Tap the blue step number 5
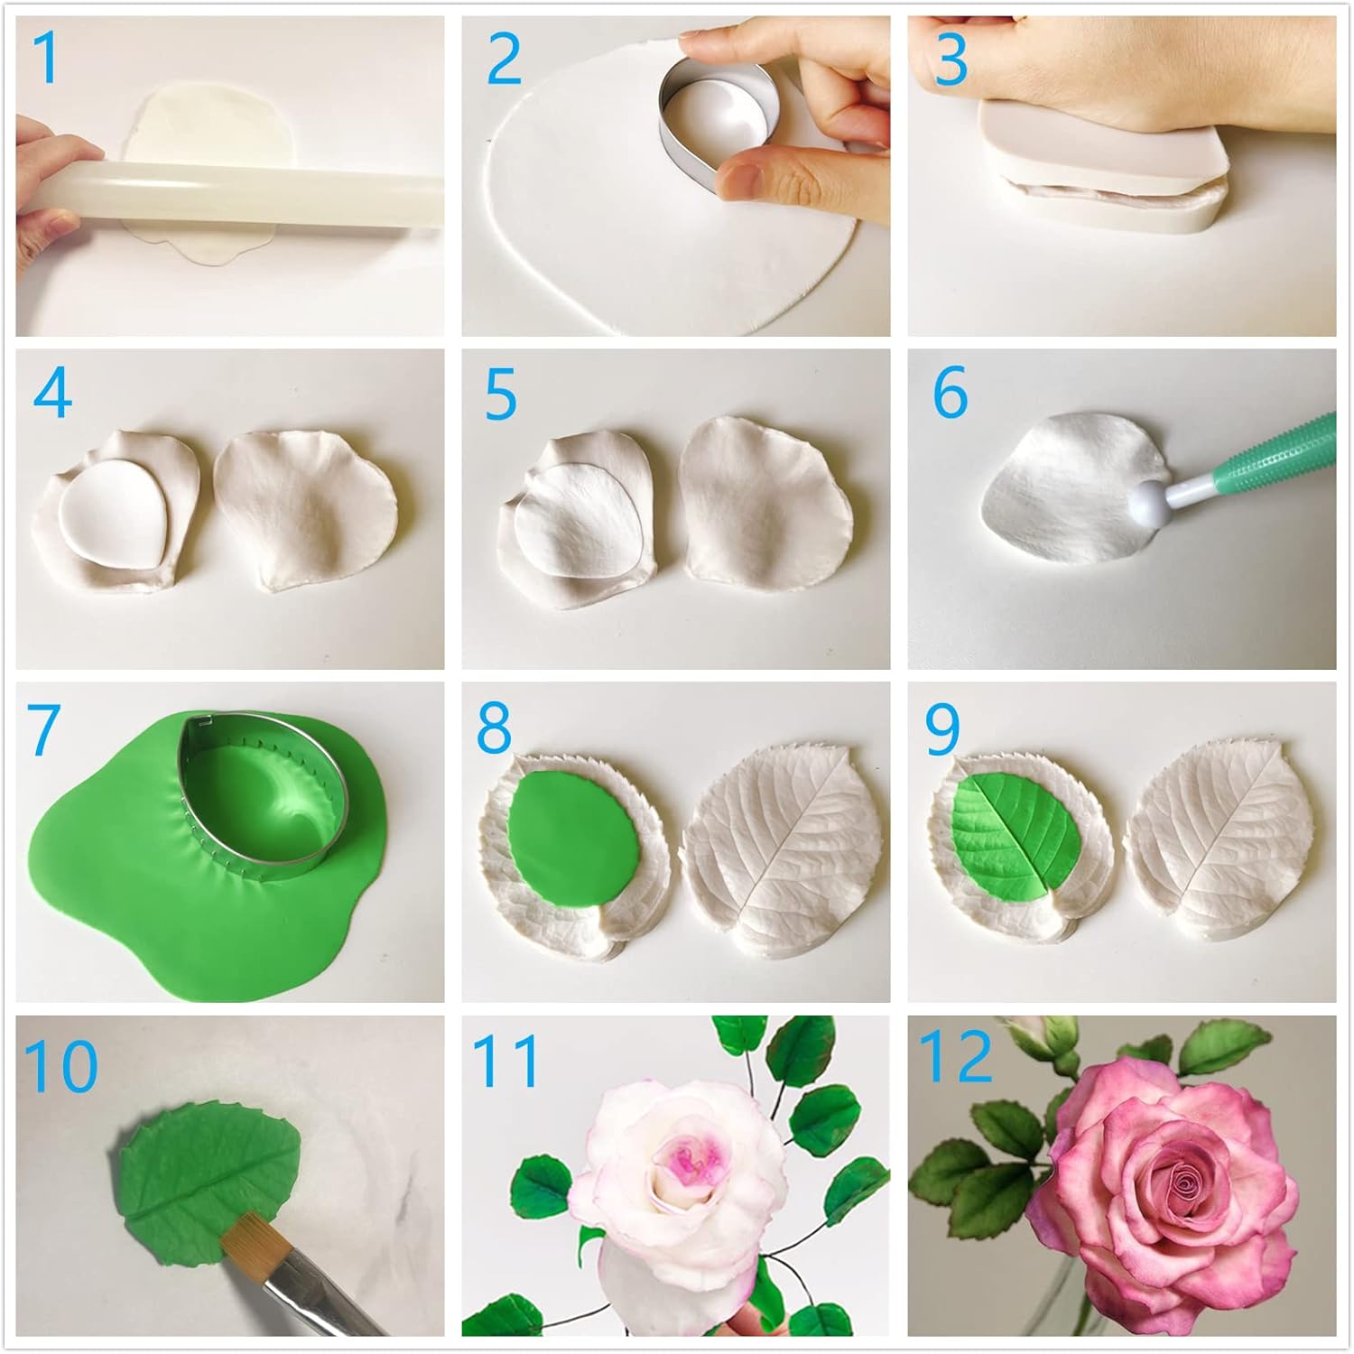(501, 394)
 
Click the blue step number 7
(43, 729)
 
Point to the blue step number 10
(61, 1065)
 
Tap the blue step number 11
(505, 1062)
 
